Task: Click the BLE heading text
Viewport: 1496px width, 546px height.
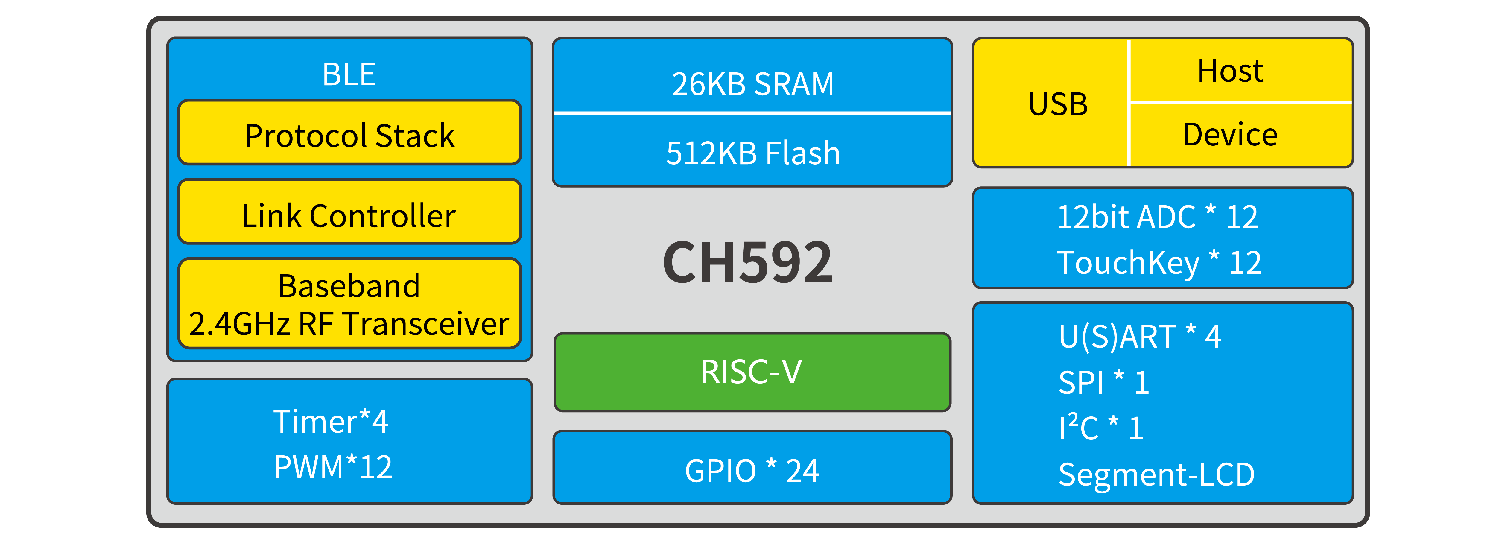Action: [x=349, y=74]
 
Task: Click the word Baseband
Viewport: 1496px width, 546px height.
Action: [x=349, y=286]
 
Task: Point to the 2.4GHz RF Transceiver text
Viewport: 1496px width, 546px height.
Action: [x=349, y=323]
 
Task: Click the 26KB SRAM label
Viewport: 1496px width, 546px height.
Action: [x=753, y=84]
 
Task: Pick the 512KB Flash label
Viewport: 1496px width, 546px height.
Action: [x=753, y=153]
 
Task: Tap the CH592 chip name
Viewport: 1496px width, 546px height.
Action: [x=748, y=263]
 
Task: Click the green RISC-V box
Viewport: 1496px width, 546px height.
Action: [x=752, y=372]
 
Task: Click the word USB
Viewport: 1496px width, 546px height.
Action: [x=1058, y=104]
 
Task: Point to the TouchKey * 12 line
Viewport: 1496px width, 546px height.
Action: [x=1159, y=263]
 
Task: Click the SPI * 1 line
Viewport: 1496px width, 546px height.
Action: [x=1103, y=382]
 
